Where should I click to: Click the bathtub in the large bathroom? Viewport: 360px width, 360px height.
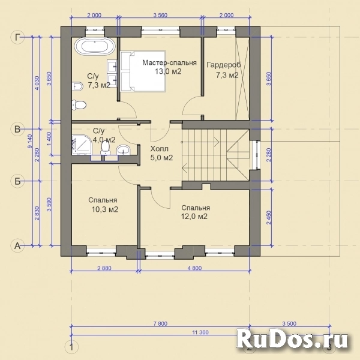click(x=94, y=46)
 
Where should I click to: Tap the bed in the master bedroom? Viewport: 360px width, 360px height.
click(x=143, y=71)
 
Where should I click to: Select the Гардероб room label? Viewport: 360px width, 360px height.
click(x=224, y=65)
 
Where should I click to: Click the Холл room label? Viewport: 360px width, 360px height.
click(x=160, y=149)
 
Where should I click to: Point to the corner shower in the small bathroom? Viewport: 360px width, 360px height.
click(x=82, y=145)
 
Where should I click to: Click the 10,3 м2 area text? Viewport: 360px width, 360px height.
click(x=105, y=209)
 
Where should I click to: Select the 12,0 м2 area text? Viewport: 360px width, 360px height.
click(x=194, y=216)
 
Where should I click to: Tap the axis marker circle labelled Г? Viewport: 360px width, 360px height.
click(x=17, y=37)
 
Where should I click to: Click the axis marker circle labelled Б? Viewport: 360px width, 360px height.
click(x=17, y=181)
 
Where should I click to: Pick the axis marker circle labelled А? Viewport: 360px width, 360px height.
click(x=17, y=246)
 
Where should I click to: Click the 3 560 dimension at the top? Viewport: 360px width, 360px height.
click(x=160, y=15)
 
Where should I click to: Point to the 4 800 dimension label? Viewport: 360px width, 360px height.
click(x=194, y=268)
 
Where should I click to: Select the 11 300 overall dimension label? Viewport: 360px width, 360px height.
click(x=200, y=332)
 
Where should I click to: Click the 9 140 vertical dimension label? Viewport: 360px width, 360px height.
click(x=30, y=141)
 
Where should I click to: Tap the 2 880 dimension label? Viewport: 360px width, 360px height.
click(x=104, y=268)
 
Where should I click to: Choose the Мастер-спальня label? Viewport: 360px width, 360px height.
click(x=169, y=62)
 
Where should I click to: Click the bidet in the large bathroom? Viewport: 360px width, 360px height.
click(x=77, y=86)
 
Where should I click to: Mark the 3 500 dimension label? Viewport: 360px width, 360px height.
click(x=289, y=324)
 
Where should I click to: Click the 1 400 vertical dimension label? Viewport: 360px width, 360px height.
click(x=49, y=140)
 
